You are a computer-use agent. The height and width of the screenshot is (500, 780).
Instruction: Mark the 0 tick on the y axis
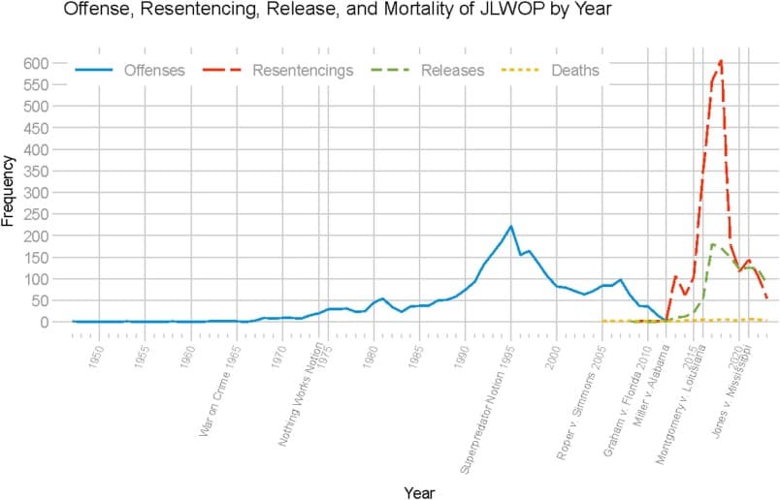[48, 323]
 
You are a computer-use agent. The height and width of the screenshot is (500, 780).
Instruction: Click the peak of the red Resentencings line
[721, 61]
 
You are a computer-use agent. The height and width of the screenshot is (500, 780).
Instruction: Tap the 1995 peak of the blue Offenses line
[510, 227]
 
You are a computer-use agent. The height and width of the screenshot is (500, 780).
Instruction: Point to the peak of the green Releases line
[713, 244]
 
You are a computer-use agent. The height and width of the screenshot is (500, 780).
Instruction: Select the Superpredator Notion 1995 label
[489, 408]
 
